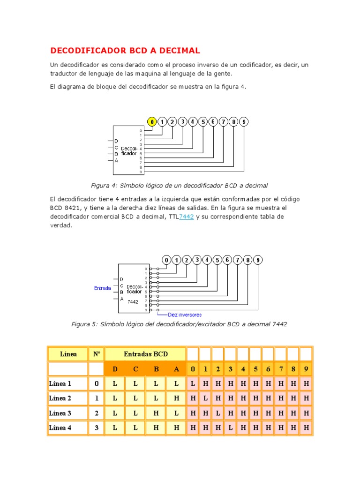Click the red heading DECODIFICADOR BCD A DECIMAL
coord(125,50)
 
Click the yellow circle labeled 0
coord(152,122)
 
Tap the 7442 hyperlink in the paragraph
coord(187,217)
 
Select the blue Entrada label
coord(102,288)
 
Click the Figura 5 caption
coord(179,324)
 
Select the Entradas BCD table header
coord(145,354)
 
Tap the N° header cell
coord(97,354)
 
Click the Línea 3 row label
coord(60,413)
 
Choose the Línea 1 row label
coord(60,383)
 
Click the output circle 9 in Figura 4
coord(244,122)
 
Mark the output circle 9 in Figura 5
coord(258,260)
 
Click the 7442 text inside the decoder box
coord(133,302)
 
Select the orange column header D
coord(115,369)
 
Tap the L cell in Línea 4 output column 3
coord(231,427)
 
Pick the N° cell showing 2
coord(97,413)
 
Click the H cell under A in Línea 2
coord(176,398)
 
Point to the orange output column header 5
coord(255,369)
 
